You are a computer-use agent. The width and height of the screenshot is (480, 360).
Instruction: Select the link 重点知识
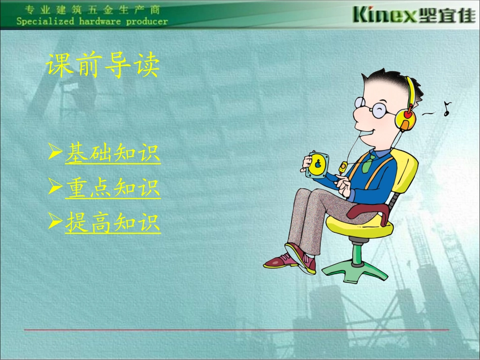click(113, 188)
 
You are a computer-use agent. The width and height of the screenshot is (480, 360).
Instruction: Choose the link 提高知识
click(113, 222)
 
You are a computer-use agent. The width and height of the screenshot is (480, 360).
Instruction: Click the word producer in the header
click(147, 22)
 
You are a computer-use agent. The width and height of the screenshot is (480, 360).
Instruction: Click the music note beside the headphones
click(446, 109)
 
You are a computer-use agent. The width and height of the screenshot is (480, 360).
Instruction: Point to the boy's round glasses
click(372, 107)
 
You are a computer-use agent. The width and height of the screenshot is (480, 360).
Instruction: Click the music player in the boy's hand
click(317, 164)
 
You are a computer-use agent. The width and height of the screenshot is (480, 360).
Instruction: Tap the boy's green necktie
click(369, 162)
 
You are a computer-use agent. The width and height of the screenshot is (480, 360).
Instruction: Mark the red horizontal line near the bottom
click(236, 330)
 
